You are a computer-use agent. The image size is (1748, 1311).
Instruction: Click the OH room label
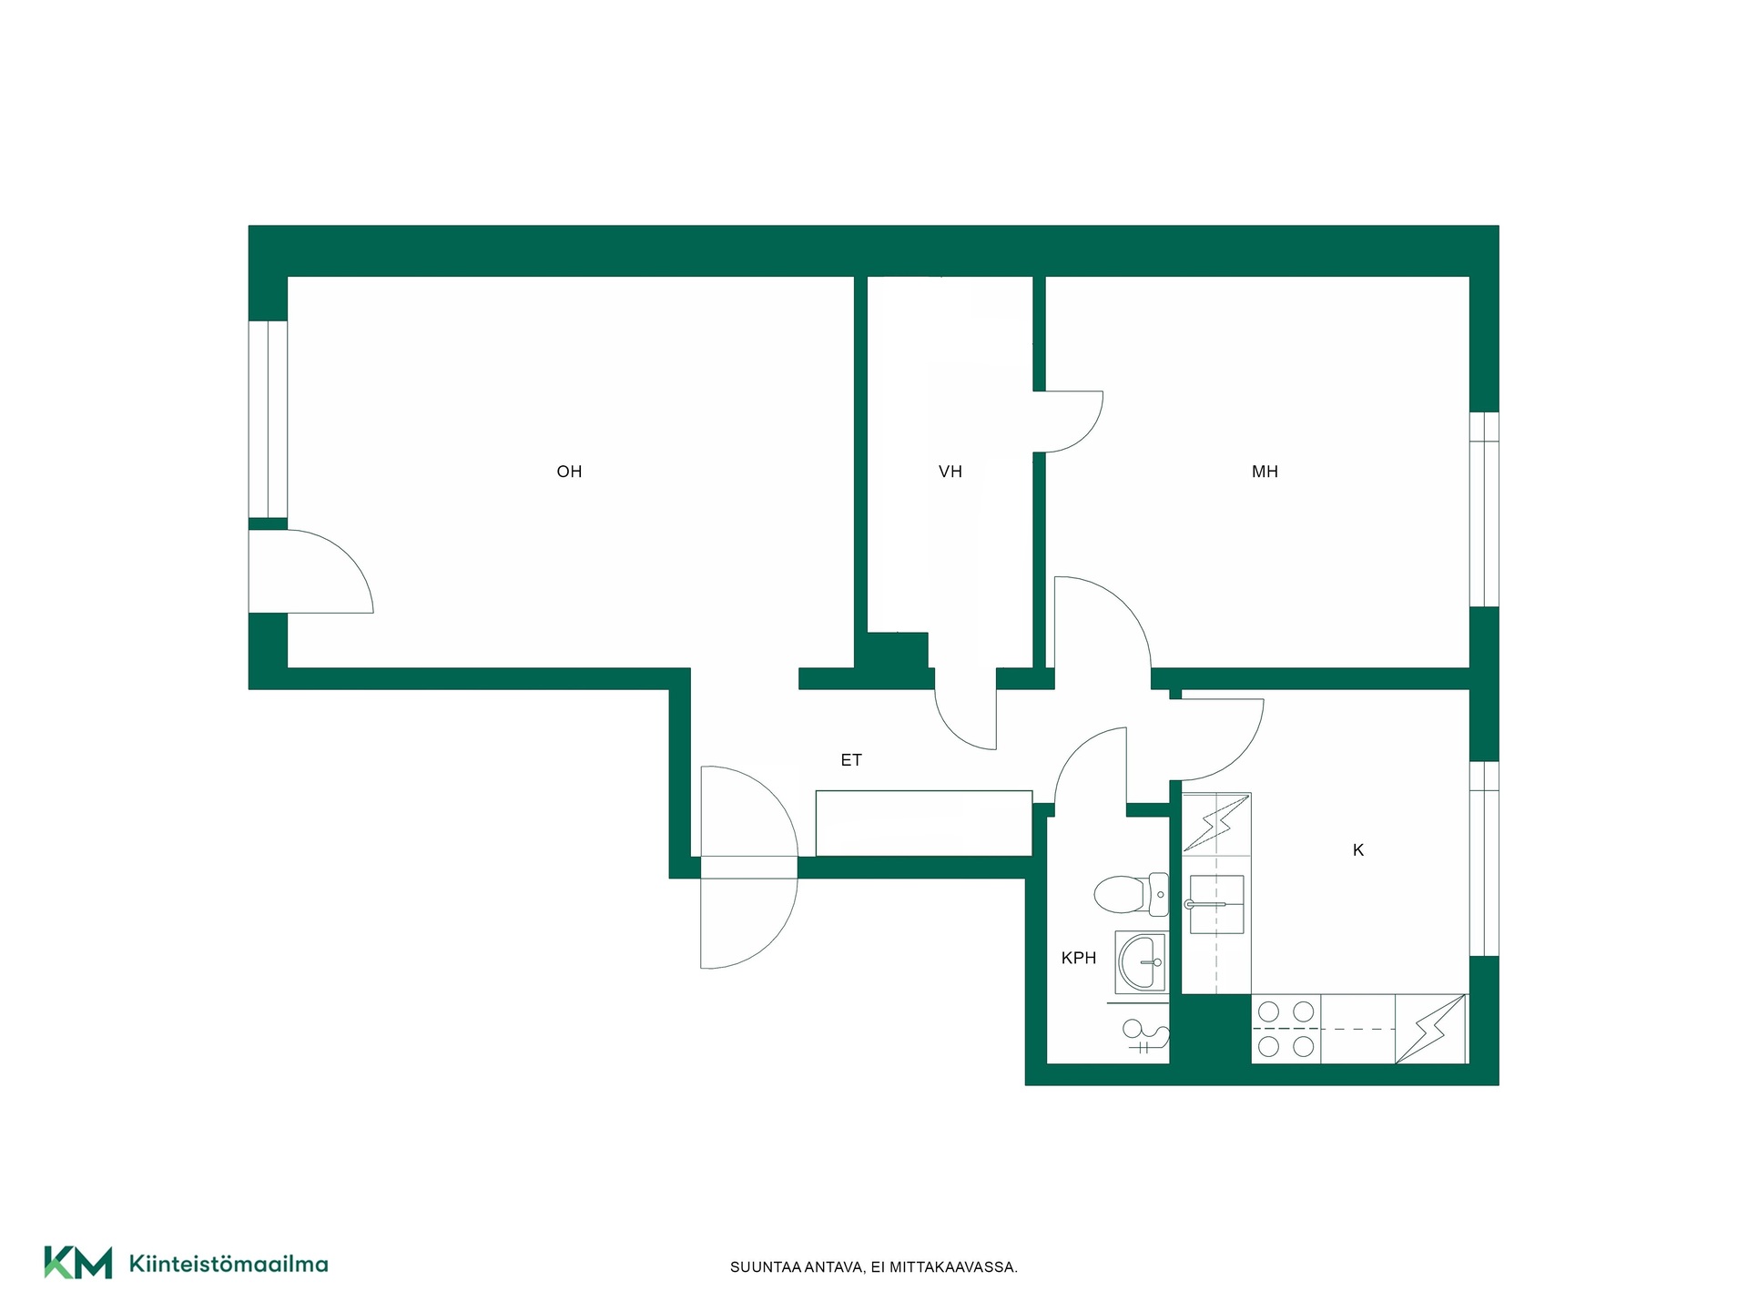click(569, 472)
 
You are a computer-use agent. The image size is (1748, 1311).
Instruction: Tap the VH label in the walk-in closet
click(950, 472)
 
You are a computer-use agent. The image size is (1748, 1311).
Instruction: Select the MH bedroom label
click(1265, 472)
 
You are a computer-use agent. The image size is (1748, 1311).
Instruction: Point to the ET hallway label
click(851, 760)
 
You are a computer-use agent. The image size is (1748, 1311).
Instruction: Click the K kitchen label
click(1358, 850)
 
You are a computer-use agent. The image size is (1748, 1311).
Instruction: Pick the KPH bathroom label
click(1079, 958)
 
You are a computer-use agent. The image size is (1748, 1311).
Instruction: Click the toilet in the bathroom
click(1132, 894)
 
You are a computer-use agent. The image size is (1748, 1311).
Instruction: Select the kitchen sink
click(1216, 905)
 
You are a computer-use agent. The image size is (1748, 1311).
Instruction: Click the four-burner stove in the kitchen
click(1286, 1029)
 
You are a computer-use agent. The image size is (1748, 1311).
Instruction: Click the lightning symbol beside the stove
click(1430, 1029)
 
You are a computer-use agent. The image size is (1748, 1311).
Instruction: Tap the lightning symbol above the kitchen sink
click(1216, 823)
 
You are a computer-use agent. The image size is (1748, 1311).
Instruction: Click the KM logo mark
click(78, 1263)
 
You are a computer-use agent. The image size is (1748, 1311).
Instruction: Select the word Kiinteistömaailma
click(229, 1264)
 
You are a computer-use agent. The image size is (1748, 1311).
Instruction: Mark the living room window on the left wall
click(269, 419)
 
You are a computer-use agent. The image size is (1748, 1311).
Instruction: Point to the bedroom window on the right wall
click(1484, 509)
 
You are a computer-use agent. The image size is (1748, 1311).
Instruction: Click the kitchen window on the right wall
click(1484, 859)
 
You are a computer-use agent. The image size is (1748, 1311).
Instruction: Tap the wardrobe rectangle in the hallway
click(924, 823)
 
